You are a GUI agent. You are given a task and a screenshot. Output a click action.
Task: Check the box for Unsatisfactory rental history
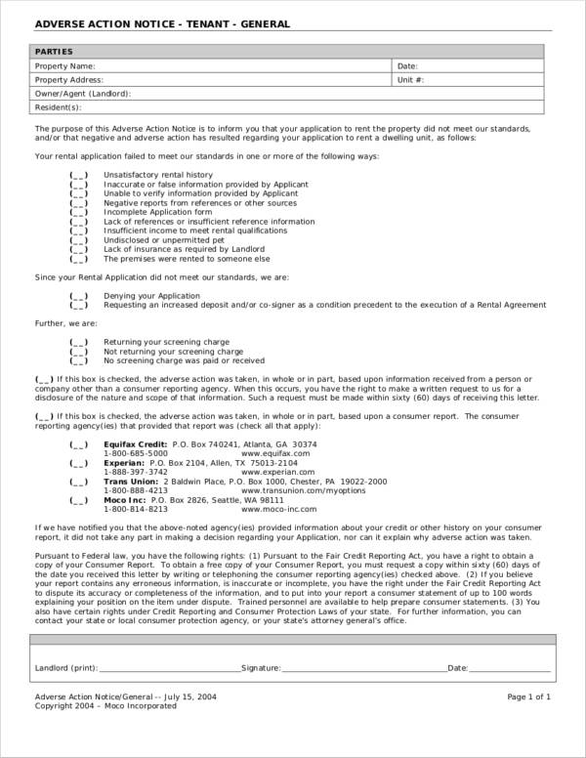78,175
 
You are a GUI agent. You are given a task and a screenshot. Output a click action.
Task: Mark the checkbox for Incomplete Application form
78,212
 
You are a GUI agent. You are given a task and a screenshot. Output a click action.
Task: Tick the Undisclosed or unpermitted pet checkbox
78,239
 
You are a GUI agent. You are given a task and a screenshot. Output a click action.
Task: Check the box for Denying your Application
78,295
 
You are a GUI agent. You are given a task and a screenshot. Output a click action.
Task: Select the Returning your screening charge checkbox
78,341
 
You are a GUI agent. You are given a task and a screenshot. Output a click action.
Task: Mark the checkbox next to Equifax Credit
78,444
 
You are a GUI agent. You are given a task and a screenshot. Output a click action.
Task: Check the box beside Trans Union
78,482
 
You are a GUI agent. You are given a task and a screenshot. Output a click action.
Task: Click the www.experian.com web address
275,472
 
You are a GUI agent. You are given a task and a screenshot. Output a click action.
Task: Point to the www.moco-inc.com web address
277,509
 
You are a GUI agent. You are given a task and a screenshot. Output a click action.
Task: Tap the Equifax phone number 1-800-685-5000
136,453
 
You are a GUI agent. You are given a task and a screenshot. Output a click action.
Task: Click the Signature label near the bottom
261,668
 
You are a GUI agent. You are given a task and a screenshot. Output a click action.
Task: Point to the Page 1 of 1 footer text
529,696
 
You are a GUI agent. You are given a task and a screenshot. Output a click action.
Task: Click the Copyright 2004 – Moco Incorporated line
105,705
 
